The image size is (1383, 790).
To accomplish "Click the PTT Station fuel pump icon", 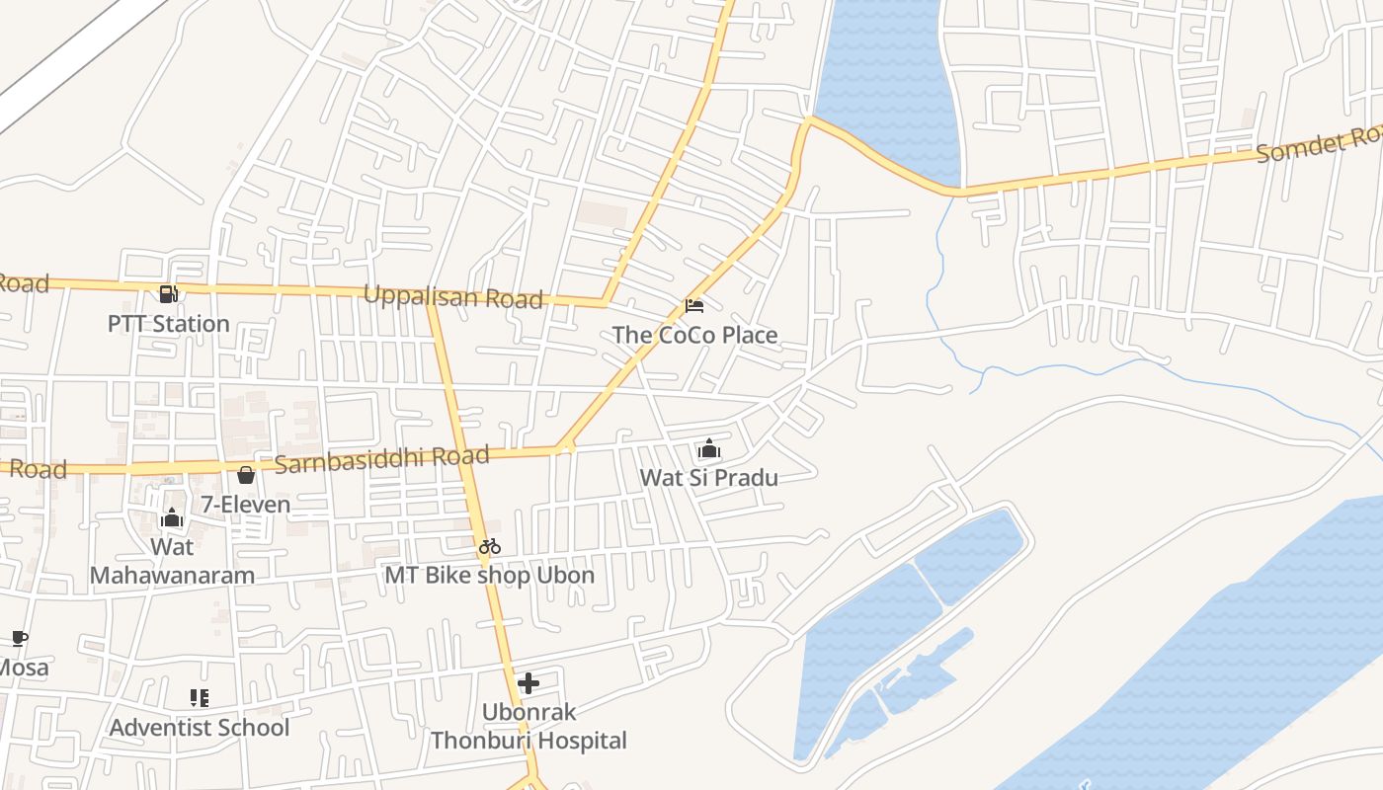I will (x=168, y=294).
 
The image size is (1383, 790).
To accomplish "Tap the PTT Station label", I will (x=168, y=324).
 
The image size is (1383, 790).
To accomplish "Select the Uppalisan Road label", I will (x=453, y=296).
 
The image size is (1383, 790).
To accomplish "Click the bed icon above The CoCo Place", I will (x=694, y=306).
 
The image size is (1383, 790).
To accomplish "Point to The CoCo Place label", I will (x=694, y=335).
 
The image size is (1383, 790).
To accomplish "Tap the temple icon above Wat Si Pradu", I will (x=709, y=449).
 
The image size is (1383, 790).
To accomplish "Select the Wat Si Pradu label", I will (x=709, y=478).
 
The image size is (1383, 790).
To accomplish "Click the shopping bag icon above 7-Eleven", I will (x=246, y=475).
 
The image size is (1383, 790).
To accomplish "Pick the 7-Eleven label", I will (x=246, y=505).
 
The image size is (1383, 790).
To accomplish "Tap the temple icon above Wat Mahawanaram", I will (x=172, y=518).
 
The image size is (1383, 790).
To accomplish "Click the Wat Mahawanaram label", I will (x=172, y=561).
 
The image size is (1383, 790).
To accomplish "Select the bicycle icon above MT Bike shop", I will (x=490, y=545).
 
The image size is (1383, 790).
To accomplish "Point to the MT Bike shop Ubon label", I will (x=490, y=575).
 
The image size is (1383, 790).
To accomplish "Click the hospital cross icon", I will (x=529, y=682).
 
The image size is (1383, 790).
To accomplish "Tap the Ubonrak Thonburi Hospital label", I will (x=529, y=726).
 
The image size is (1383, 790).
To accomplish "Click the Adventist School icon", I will (x=200, y=698).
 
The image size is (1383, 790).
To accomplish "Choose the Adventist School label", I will (x=200, y=728).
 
